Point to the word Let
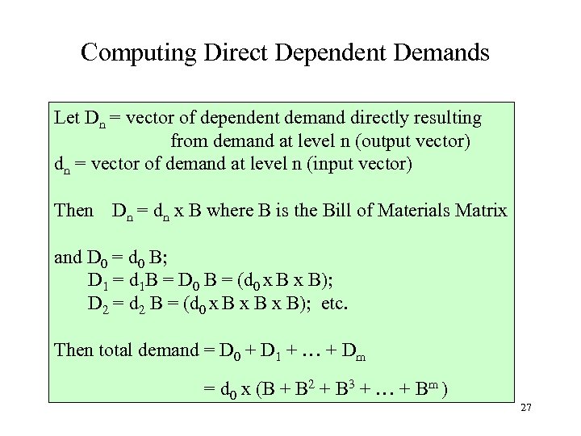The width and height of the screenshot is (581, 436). pos(67,118)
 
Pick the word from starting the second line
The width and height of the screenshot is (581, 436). pos(187,142)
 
